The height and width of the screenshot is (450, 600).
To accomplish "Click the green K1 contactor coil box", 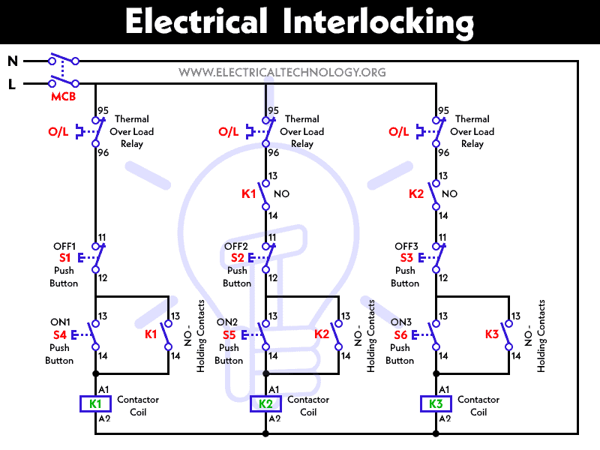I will (95, 404).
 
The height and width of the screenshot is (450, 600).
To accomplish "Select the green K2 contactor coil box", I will (265, 404).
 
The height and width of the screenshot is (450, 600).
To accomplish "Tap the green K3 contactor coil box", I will (436, 404).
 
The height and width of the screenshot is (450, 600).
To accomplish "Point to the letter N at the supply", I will (12, 61).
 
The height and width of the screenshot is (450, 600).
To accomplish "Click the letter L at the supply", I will (12, 85).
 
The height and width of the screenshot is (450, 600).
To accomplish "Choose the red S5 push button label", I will (229, 335).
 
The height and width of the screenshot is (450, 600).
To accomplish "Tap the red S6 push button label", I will (400, 335).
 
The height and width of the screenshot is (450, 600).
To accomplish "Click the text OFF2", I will (235, 246).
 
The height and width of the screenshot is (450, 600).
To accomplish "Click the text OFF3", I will (406, 246).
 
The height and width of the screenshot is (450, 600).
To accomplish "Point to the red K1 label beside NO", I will (248, 193).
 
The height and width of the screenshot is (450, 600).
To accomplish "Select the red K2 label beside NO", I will (417, 193).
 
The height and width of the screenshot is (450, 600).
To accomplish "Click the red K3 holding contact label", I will (492, 334).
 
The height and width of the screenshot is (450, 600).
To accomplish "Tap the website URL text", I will (282, 73).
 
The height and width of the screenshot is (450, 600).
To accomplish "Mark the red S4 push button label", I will (59, 335).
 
